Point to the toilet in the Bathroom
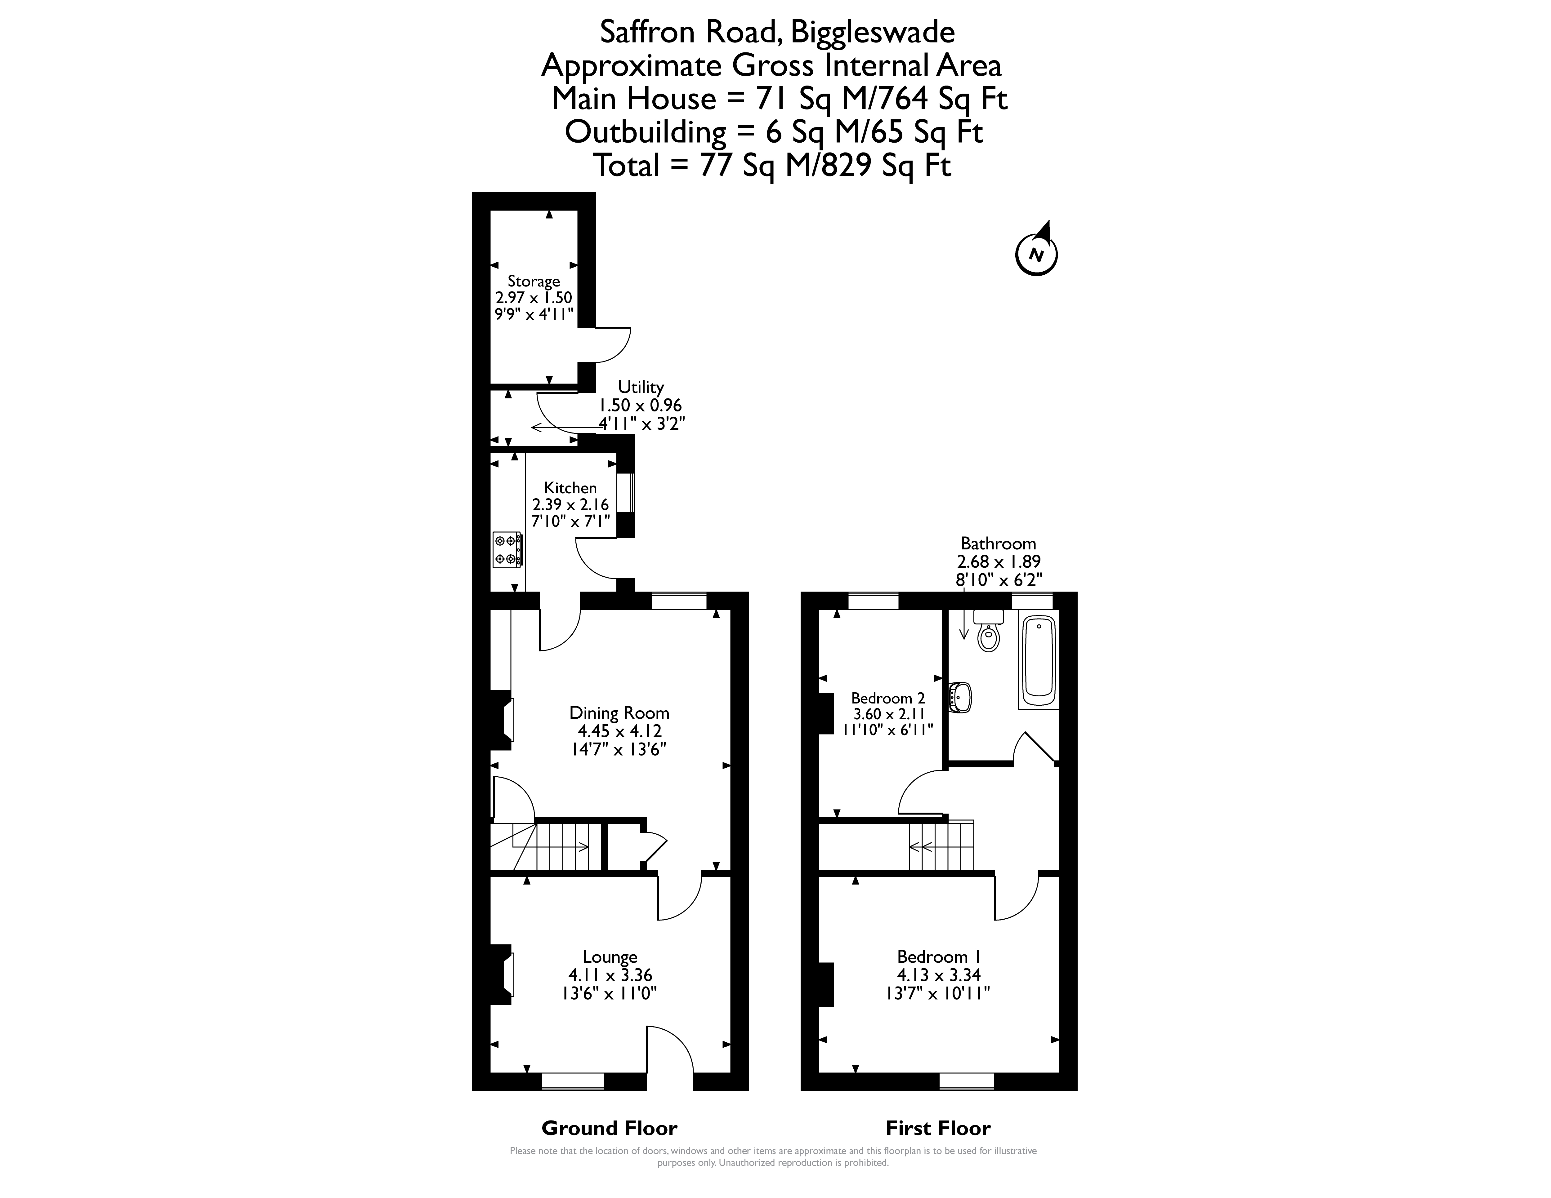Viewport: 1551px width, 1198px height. pyautogui.click(x=989, y=630)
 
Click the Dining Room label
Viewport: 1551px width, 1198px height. pyautogui.click(x=619, y=712)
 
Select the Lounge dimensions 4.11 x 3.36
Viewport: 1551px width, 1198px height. pyautogui.click(x=610, y=975)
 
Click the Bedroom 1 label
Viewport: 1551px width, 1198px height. pyautogui.click(x=939, y=957)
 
